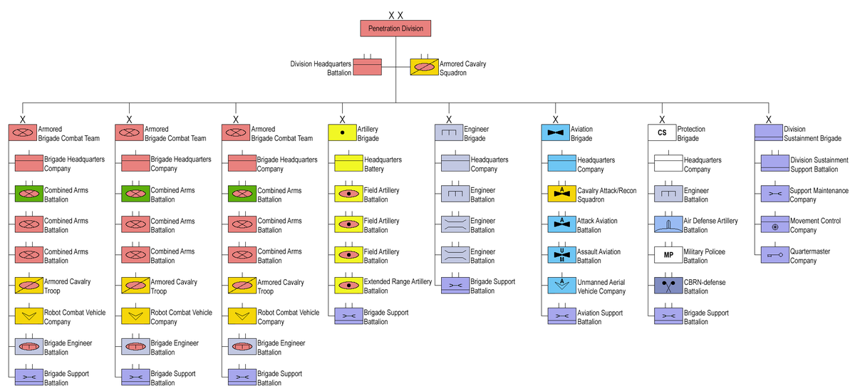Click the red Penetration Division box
point(395,28)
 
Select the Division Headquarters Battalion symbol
point(368,67)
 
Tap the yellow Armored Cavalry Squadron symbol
point(424,67)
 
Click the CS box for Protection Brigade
point(662,132)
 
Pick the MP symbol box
point(668,254)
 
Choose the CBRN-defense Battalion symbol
point(668,286)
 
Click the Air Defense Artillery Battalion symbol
point(668,224)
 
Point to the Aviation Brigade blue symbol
point(555,132)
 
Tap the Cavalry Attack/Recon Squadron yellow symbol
point(562,194)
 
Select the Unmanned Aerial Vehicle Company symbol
point(562,286)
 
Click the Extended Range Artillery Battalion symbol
point(349,286)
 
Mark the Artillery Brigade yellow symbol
point(342,132)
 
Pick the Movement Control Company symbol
point(775,224)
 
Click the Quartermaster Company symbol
point(775,254)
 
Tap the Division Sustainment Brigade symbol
point(768,132)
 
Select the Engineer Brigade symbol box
point(449,132)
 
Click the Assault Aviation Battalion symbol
point(562,254)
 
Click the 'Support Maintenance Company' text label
point(819,195)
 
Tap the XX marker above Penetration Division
point(396,15)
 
